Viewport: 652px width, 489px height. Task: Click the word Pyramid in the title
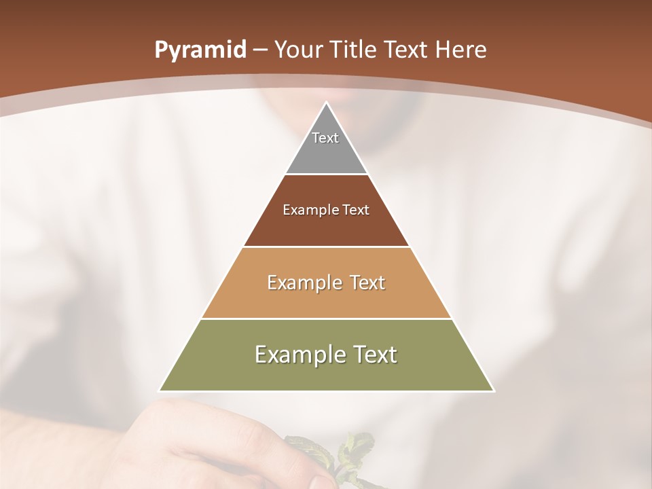coord(200,50)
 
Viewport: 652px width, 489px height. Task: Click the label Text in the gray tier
coord(325,138)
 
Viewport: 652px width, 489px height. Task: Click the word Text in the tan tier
coord(367,283)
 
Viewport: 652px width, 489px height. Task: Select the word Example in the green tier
coord(299,355)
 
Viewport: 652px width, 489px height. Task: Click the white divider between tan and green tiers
coord(327,319)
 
